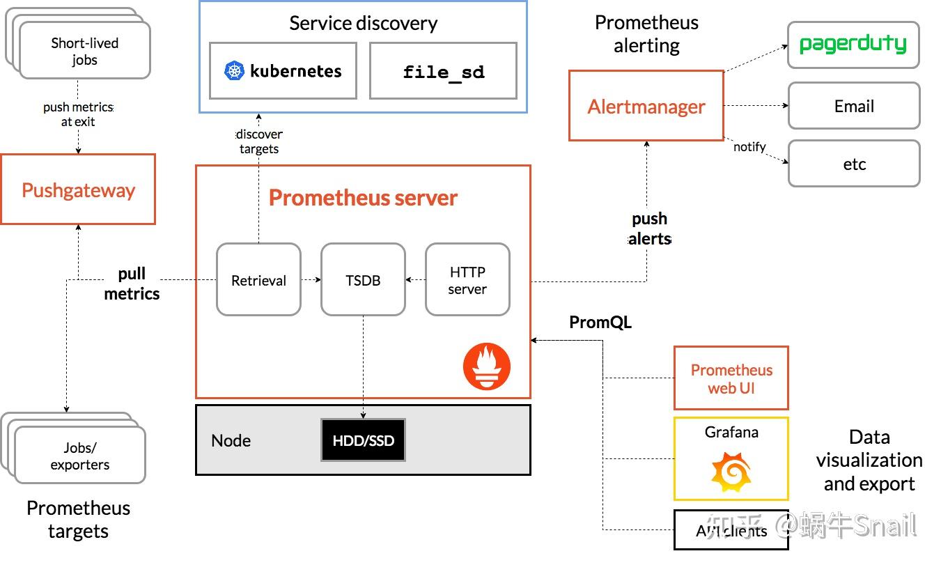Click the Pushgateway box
(x=78, y=189)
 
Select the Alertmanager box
(x=646, y=106)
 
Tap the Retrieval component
(x=258, y=279)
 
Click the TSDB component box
(x=363, y=279)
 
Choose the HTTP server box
(x=467, y=279)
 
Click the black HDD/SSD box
(x=363, y=440)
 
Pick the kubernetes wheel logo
(x=235, y=71)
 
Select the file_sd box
(x=443, y=71)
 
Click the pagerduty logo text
(x=853, y=45)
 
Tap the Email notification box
(x=853, y=106)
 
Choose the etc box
(x=853, y=164)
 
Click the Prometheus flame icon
(x=487, y=366)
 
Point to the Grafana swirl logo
(x=731, y=472)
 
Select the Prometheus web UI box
(x=731, y=378)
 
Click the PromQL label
(x=600, y=322)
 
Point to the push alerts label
(x=649, y=229)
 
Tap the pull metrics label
(x=132, y=284)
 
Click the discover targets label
(x=259, y=141)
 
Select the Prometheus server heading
(x=363, y=198)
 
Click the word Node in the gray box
(x=231, y=440)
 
